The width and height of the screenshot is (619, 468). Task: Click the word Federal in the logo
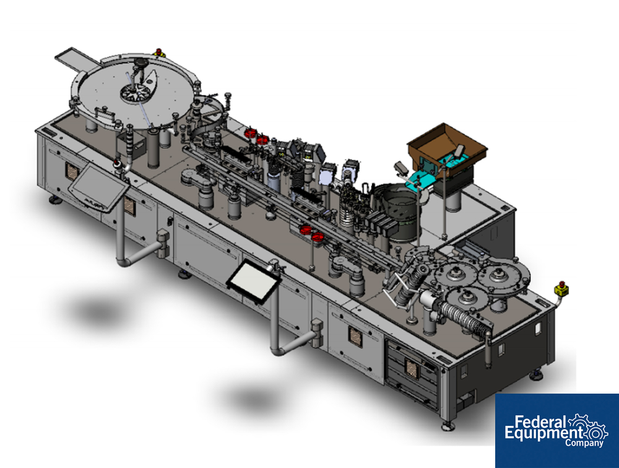tap(541, 422)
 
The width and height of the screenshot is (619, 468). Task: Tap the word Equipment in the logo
tap(543, 433)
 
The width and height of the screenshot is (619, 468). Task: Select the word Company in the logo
tap(584, 443)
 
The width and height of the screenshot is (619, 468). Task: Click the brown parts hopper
tap(448, 146)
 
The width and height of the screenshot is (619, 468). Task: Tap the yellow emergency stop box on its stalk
tap(561, 288)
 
